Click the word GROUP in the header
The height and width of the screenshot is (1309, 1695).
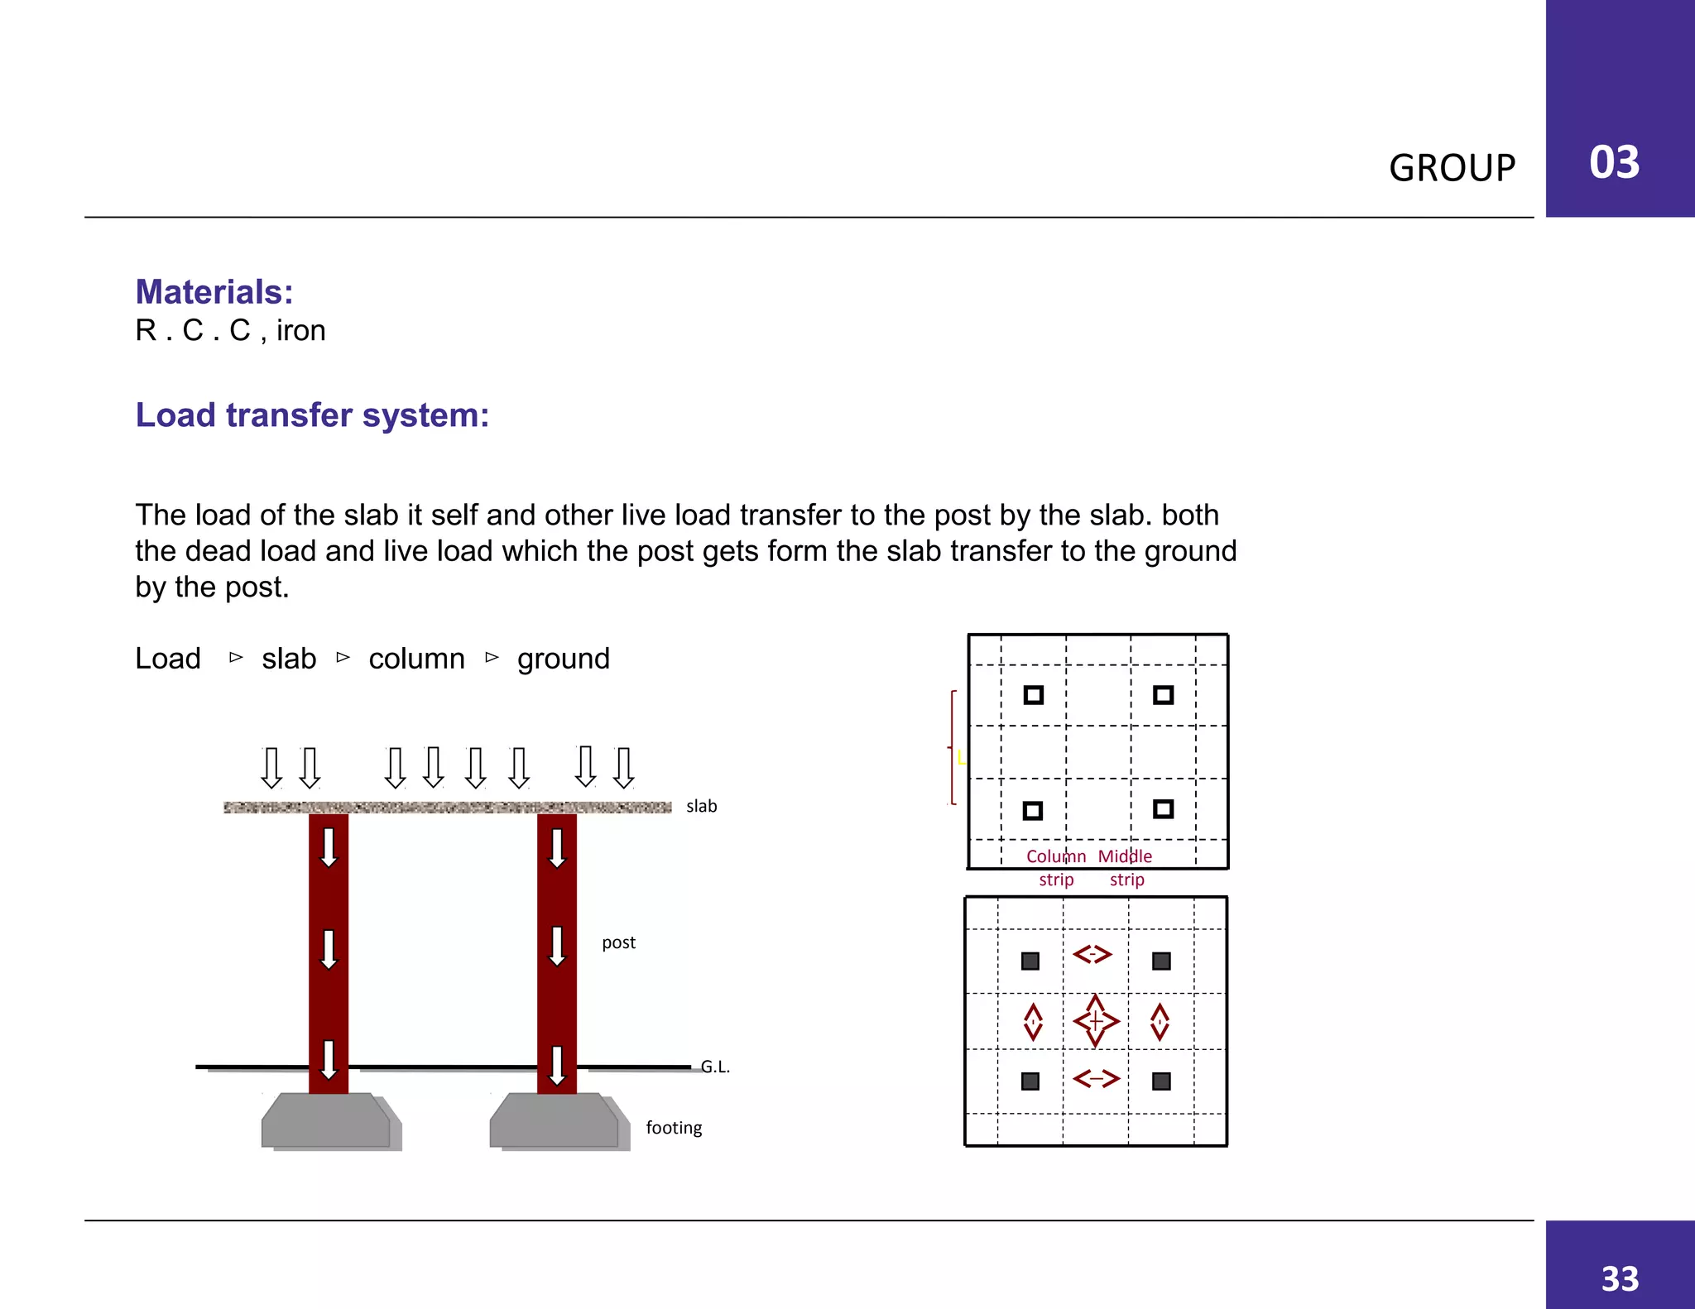(x=1452, y=168)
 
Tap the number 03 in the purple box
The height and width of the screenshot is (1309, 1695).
(x=1614, y=162)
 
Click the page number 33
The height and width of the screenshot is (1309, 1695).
(x=1620, y=1279)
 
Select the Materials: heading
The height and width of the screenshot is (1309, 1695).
(x=214, y=292)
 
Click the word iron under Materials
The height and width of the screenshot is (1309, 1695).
(x=300, y=330)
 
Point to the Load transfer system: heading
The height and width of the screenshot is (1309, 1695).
(x=312, y=415)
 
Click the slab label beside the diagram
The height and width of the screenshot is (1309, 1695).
(x=701, y=806)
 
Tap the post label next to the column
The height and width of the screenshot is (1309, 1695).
(x=618, y=942)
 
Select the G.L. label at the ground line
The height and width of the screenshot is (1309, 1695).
(x=715, y=1067)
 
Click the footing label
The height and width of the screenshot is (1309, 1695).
(x=674, y=1128)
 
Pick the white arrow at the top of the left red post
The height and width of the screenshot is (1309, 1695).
(x=329, y=846)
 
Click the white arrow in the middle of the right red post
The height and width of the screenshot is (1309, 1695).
(x=557, y=946)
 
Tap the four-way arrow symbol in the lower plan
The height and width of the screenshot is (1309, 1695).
(x=1096, y=1021)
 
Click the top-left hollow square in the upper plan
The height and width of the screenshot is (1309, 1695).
(x=1033, y=695)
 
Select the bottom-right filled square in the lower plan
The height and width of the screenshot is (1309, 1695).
(x=1161, y=1081)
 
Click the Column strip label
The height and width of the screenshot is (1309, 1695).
(x=1056, y=867)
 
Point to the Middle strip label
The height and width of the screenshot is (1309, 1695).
(x=1126, y=867)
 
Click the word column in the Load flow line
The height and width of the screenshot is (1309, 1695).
(x=416, y=659)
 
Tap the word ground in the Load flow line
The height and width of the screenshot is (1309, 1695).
(x=563, y=659)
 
